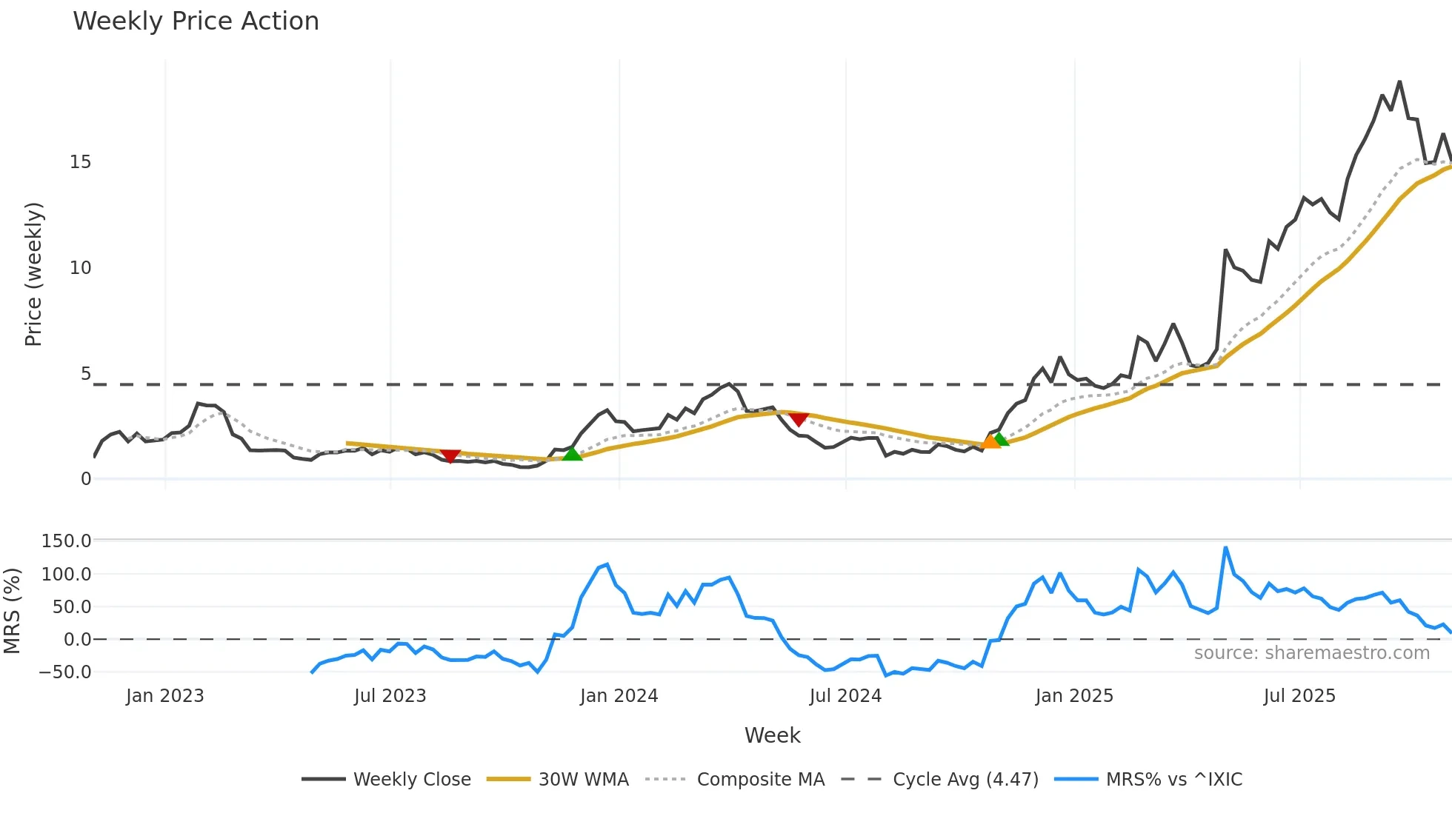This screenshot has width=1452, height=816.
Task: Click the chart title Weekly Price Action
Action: tap(196, 21)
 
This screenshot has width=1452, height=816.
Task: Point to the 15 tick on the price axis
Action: tap(81, 162)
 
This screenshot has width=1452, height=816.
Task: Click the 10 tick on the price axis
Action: tap(81, 268)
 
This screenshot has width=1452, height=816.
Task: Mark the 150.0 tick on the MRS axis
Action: tap(67, 541)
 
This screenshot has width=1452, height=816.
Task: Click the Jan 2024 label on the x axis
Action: tap(619, 696)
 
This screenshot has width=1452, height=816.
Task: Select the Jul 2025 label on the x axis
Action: tap(1299, 696)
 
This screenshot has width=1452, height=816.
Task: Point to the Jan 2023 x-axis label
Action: tap(164, 696)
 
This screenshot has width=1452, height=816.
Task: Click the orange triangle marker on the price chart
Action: tap(990, 442)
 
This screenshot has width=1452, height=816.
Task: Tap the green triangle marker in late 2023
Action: tap(572, 454)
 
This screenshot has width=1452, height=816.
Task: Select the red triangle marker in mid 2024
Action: tap(798, 420)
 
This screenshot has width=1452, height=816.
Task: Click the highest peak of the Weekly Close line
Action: tap(1399, 81)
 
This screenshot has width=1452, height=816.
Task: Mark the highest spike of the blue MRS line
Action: tap(1226, 548)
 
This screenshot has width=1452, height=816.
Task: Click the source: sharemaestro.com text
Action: tap(1311, 653)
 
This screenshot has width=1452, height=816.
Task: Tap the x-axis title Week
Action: tap(772, 735)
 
